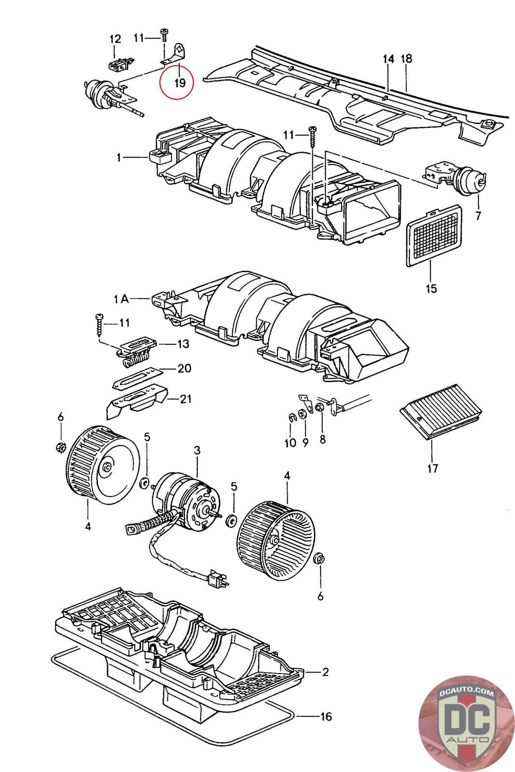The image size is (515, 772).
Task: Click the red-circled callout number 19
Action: [180, 83]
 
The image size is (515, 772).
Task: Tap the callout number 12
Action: [115, 39]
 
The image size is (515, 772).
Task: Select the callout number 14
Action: [389, 59]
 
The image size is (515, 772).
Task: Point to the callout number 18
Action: [406, 58]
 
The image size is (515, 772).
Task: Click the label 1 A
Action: [121, 299]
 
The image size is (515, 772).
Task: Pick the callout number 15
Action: [431, 288]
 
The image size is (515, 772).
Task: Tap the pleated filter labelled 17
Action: [441, 412]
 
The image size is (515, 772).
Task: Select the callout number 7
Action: [478, 216]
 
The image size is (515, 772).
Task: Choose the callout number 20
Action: [184, 368]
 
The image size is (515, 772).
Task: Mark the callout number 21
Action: [186, 399]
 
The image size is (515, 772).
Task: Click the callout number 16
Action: [326, 717]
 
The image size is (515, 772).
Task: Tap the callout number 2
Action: [325, 672]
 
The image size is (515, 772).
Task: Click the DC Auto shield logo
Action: [467, 724]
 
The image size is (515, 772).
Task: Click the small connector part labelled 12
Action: [119, 65]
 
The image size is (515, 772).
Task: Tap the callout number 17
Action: [432, 469]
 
